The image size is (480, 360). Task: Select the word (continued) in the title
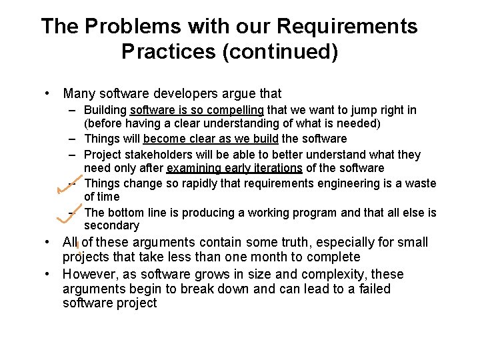[x=282, y=51]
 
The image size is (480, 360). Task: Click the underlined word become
[x=164, y=139]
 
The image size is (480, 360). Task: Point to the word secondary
[x=111, y=225]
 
